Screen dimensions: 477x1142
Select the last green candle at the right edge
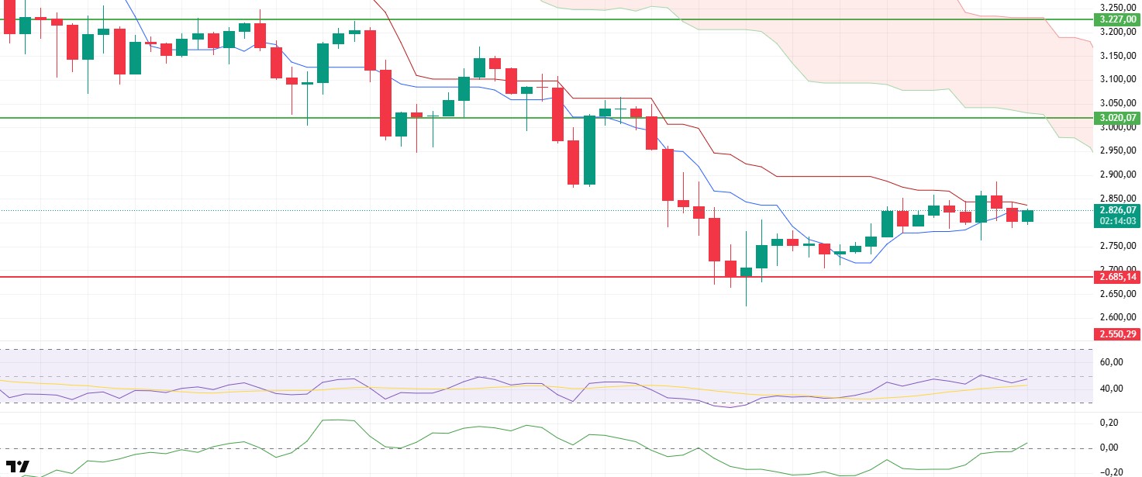pyautogui.click(x=1027, y=216)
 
